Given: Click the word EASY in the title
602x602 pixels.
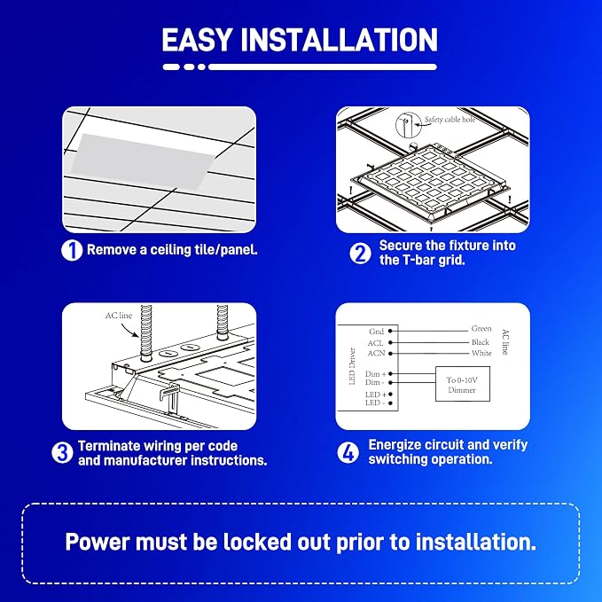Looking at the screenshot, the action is click(197, 40).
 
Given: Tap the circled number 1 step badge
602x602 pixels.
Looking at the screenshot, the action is click(72, 250).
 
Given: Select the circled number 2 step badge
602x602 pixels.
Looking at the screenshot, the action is click(360, 254).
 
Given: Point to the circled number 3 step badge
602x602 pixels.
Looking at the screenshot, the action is click(62, 453).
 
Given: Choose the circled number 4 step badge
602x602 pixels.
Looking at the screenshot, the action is click(348, 453).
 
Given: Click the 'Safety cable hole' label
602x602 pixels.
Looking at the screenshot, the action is click(450, 120).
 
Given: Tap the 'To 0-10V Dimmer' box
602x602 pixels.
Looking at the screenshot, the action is click(462, 384).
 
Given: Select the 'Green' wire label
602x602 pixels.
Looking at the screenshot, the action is click(481, 329).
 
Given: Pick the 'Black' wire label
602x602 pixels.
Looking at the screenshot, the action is click(481, 342).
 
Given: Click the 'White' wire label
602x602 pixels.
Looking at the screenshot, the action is click(481, 353).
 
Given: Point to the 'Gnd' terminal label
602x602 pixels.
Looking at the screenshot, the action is click(376, 332).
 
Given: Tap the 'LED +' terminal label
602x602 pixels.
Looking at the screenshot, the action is click(376, 395).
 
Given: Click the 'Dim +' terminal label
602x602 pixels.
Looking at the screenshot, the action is click(376, 373).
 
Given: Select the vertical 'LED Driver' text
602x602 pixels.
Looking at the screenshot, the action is click(352, 366).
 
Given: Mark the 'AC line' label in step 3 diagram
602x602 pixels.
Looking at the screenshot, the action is click(119, 316).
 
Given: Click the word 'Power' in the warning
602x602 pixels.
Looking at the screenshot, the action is click(98, 542).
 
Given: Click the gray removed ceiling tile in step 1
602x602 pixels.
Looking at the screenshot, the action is click(142, 161).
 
